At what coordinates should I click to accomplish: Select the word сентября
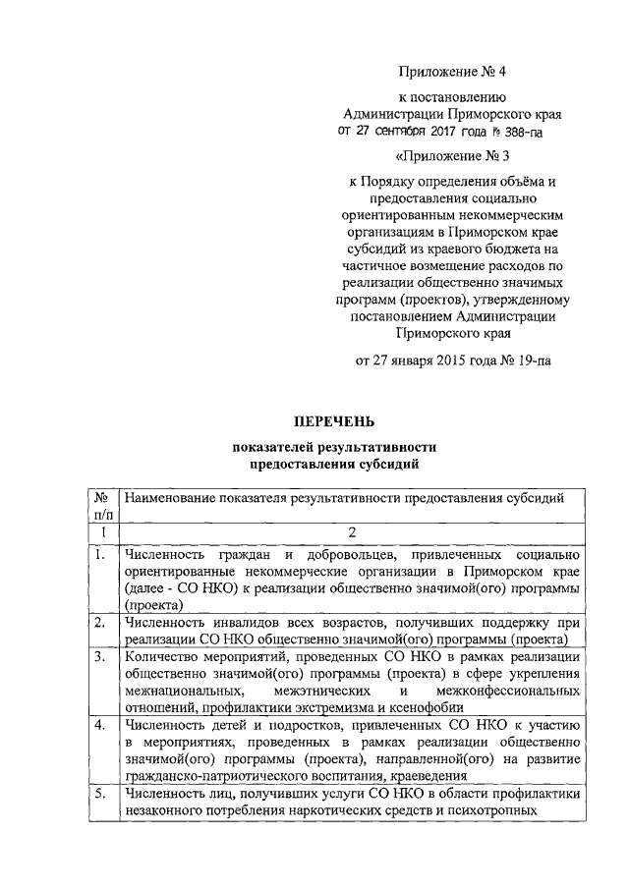tap(401, 131)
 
